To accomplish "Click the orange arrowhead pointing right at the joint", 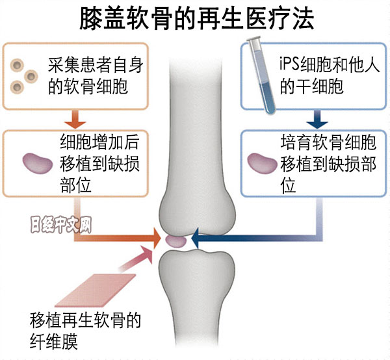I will (155, 238).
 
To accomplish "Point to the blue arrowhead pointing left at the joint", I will (197, 240).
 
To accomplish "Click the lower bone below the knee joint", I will (194, 292).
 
